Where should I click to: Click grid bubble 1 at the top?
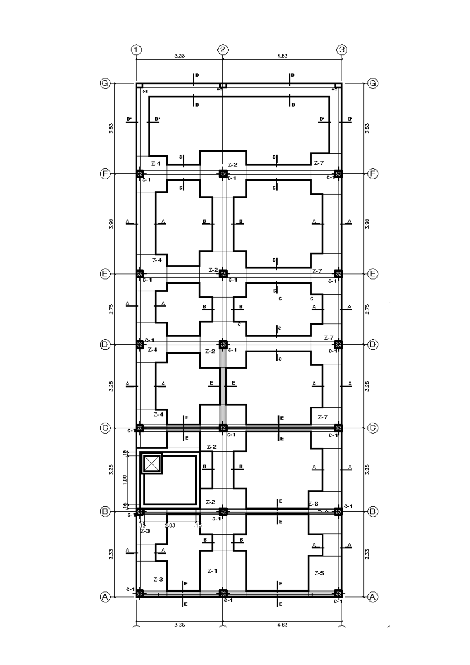pos(136,50)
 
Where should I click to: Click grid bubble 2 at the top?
pos(223,50)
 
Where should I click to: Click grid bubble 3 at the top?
pos(342,50)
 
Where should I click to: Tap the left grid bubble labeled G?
pos(105,83)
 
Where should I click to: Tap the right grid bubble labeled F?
pos(373,173)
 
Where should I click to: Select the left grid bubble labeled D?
pos(105,345)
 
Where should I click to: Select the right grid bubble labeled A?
pos(373,597)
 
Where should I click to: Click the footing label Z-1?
pos(212,571)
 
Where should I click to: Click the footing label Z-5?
pos(319,573)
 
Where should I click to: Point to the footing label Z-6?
pos(313,504)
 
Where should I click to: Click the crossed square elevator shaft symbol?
pos(152,463)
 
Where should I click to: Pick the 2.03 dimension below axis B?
pos(170,525)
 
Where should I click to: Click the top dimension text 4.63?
pos(282,56)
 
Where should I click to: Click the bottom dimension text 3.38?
pos(180,625)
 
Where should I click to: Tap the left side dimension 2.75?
pos(111,309)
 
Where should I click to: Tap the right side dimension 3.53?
pos(367,128)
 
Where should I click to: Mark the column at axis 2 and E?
pos(223,273)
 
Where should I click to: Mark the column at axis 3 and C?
pos(338,428)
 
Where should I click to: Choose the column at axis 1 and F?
pos(140,173)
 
